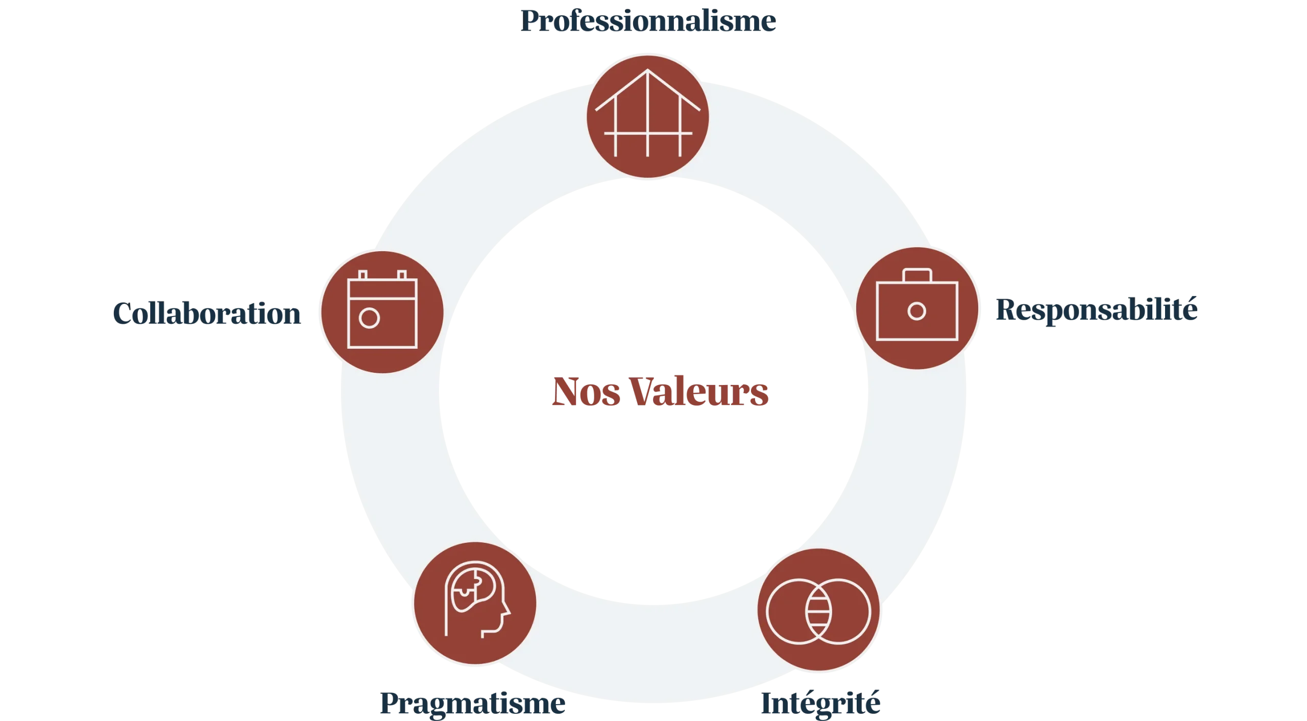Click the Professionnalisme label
[x=647, y=22]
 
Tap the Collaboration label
[x=206, y=313]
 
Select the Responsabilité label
[x=1096, y=310]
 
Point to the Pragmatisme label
[x=473, y=703]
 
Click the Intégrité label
[x=820, y=703]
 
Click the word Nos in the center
[x=584, y=392]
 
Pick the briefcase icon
[x=917, y=308]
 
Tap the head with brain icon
[x=475, y=603]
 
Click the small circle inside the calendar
[x=369, y=318]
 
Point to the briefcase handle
[x=917, y=275]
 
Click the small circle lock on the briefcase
[x=917, y=311]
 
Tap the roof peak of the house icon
[x=647, y=71]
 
